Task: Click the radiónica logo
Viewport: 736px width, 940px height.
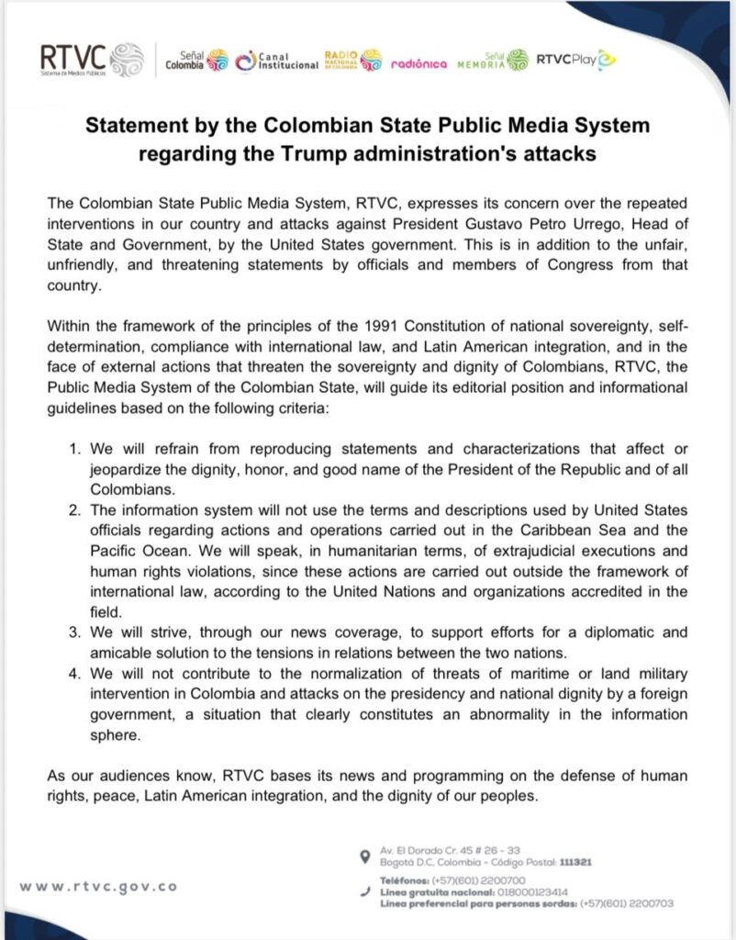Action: point(418,63)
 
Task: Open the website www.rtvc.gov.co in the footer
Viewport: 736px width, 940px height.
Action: point(98,887)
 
